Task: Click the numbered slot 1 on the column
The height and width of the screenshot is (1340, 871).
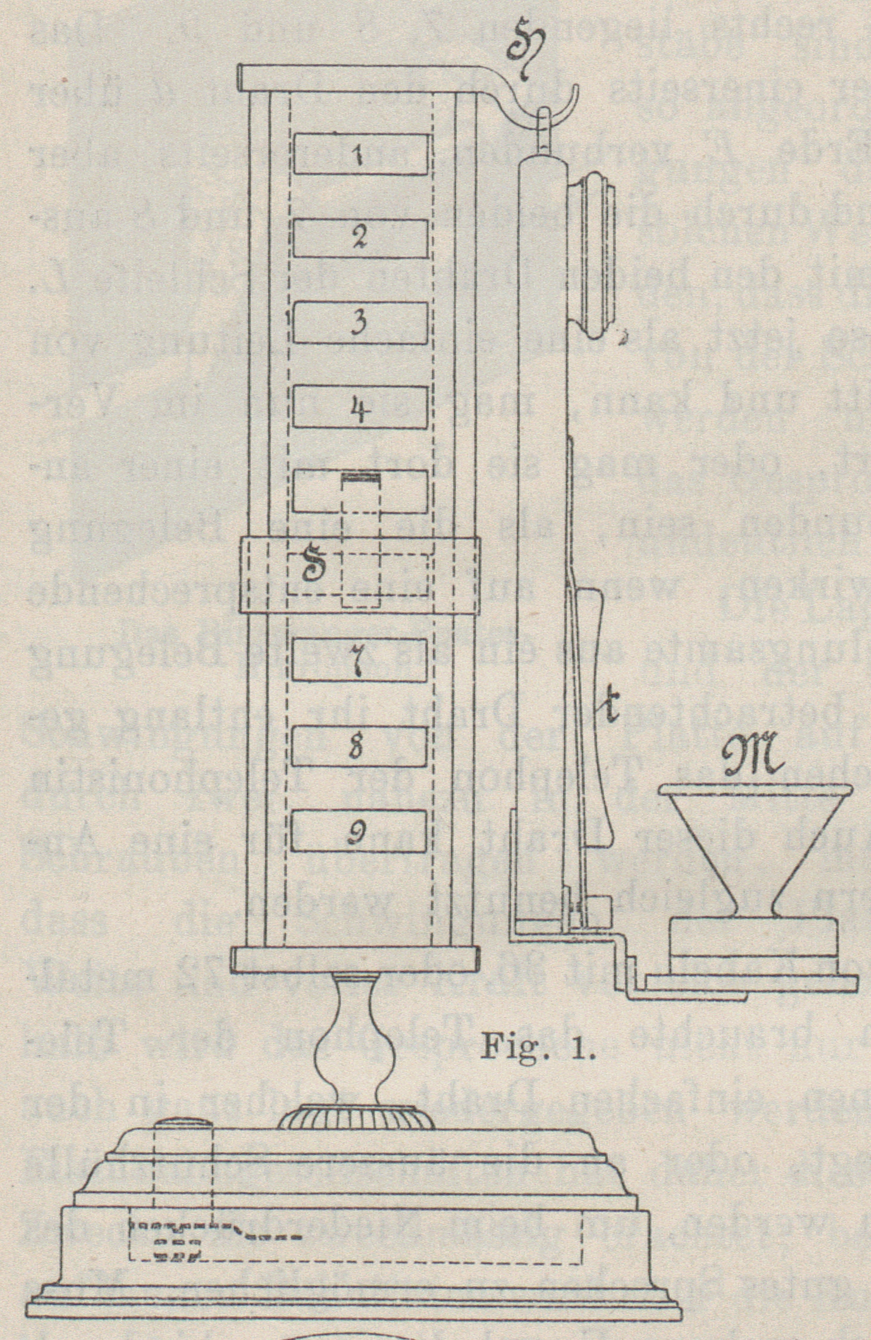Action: tap(360, 153)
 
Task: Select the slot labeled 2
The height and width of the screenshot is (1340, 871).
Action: tap(360, 238)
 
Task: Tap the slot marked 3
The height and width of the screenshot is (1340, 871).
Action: tap(360, 322)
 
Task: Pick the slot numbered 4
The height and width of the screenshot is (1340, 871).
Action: tap(360, 406)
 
